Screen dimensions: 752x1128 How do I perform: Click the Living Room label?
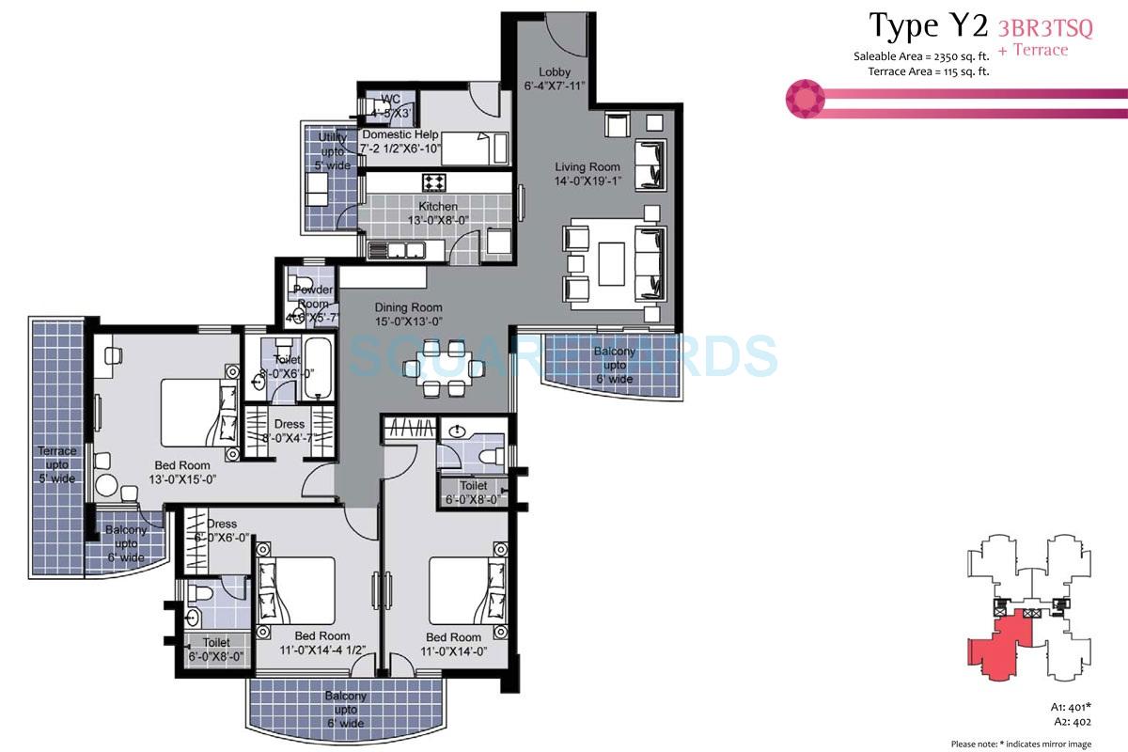(x=587, y=167)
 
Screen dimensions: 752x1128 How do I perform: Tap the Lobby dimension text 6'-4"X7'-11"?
(x=555, y=87)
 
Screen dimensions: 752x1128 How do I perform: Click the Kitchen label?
(x=438, y=207)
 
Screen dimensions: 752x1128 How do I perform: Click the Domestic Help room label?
(x=400, y=135)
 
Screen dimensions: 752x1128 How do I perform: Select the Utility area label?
(x=333, y=138)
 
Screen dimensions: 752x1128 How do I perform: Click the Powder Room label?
(x=313, y=290)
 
